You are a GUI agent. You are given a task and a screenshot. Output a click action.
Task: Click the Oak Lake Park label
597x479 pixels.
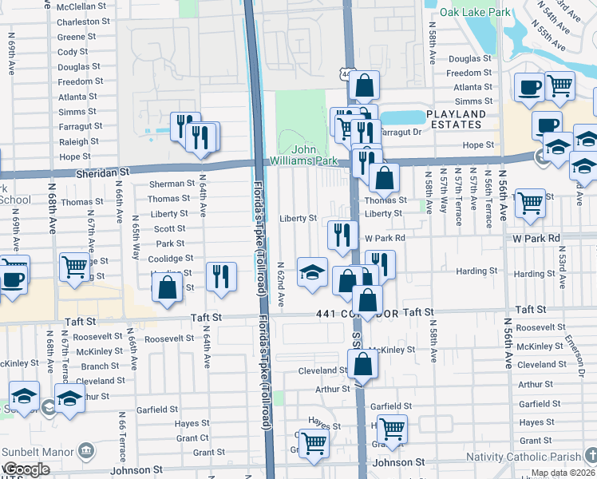pyautogui.click(x=478, y=12)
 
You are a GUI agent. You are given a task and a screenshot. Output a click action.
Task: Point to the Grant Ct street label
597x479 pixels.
pyautogui.click(x=192, y=437)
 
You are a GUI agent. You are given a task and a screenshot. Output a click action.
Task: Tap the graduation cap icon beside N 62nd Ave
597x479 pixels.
pyautogui.click(x=312, y=271)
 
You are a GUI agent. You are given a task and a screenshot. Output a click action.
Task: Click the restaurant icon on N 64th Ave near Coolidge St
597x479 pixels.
pyautogui.click(x=221, y=275)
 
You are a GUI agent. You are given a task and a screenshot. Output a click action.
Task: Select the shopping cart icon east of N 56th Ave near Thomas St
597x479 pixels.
pyautogui.click(x=530, y=203)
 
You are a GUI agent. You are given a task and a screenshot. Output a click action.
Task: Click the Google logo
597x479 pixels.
pyautogui.click(x=26, y=469)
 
